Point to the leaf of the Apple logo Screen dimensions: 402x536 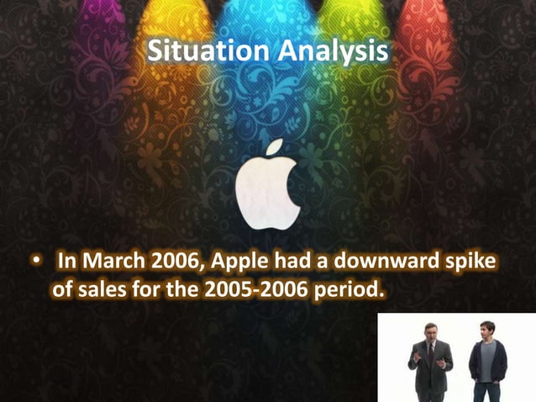tap(272, 150)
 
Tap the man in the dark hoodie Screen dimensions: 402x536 tap(487, 366)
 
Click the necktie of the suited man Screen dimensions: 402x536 tap(431, 352)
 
